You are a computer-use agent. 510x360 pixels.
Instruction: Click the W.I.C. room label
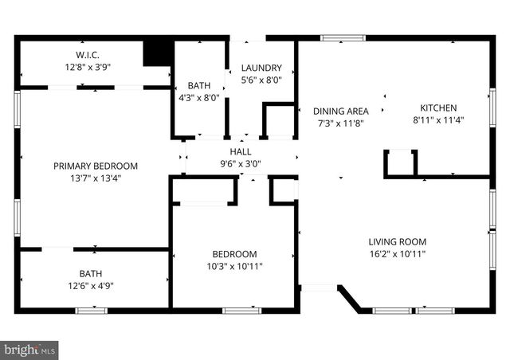(87, 55)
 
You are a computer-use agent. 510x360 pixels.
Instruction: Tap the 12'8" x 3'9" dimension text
(87, 68)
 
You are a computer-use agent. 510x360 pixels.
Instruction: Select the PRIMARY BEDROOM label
(95, 166)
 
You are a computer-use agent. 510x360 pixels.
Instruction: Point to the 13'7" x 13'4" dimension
(95, 178)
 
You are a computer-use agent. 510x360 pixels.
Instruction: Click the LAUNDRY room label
(261, 67)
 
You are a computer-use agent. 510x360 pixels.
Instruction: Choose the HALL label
(240, 151)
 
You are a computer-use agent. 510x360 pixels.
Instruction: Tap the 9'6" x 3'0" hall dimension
(240, 164)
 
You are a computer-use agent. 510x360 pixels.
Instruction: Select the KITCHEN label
(438, 108)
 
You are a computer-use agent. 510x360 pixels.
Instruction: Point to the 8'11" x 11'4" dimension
(438, 120)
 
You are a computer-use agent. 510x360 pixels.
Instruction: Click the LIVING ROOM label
(397, 241)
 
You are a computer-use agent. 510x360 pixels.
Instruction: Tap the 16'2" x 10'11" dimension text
(397, 254)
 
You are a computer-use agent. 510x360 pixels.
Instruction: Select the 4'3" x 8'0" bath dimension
(199, 98)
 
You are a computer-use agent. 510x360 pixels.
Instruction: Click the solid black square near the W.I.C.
(158, 53)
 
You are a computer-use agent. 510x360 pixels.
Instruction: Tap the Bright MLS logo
(30, 349)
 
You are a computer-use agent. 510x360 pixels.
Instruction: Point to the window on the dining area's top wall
(343, 37)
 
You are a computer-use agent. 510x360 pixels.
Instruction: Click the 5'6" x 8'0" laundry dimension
(261, 80)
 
